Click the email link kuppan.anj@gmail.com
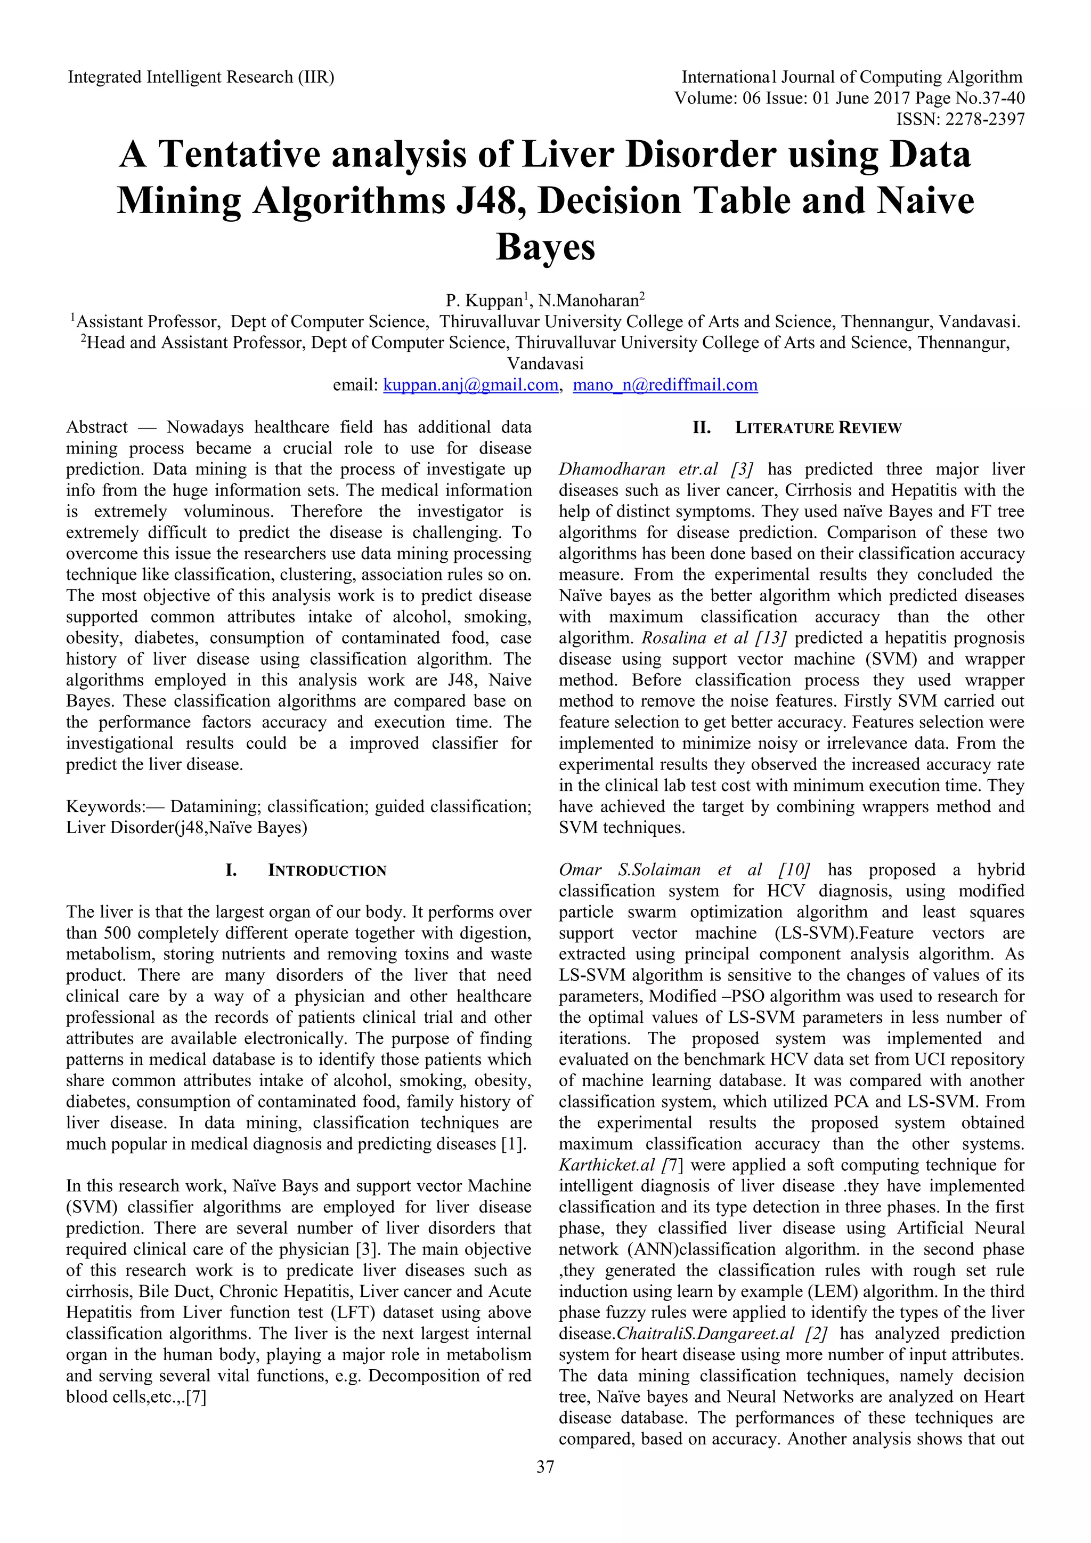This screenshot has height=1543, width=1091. point(470,385)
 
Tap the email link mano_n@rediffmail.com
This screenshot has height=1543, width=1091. point(664,385)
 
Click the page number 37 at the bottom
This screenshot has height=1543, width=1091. point(545,1486)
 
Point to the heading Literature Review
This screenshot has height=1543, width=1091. point(818,428)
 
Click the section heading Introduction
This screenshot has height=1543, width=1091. point(327,871)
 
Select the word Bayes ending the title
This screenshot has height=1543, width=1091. point(545,247)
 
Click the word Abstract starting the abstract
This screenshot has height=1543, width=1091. point(97,427)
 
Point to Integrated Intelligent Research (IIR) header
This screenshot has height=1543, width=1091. point(201,77)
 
